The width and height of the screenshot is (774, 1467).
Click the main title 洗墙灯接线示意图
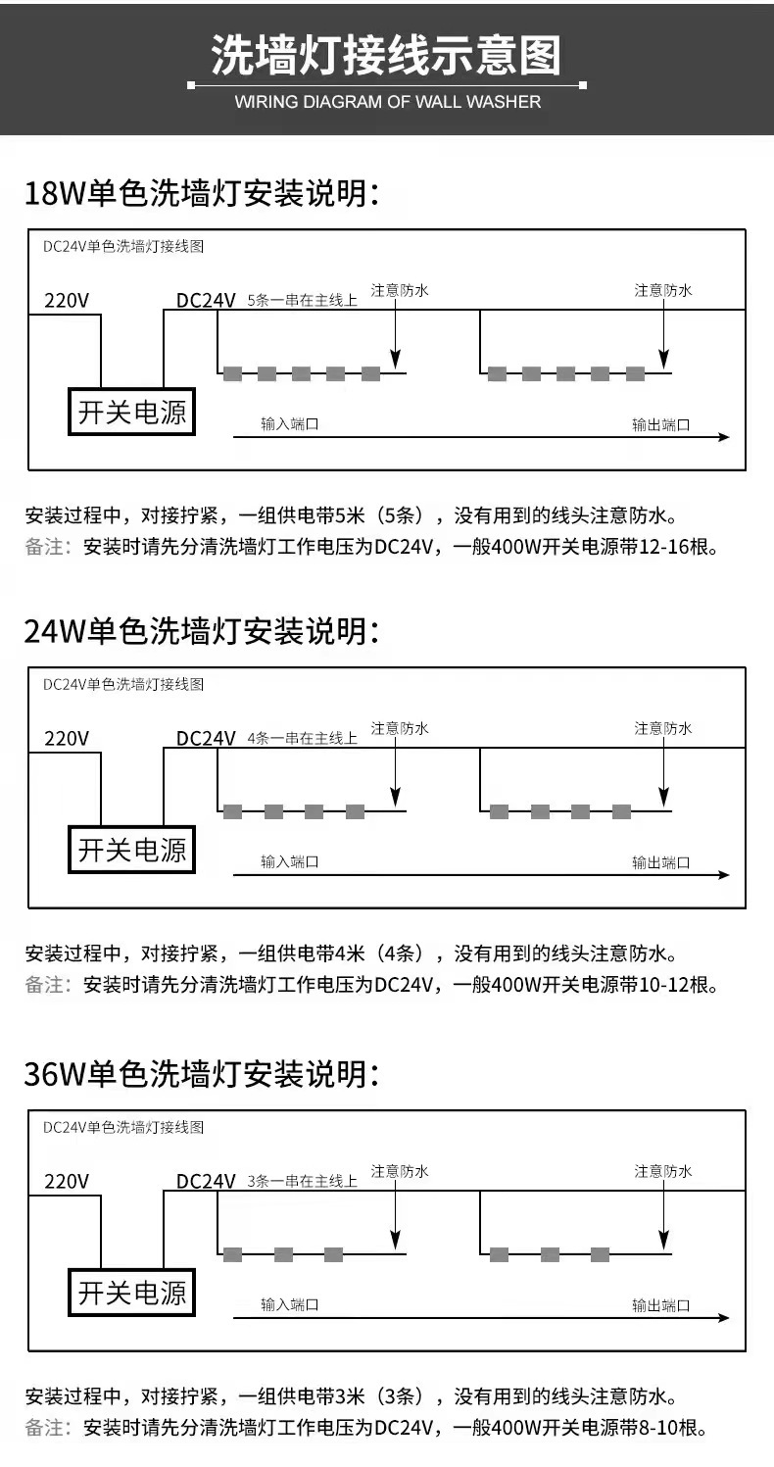[387, 56]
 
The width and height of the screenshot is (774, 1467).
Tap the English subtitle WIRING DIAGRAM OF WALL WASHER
[387, 102]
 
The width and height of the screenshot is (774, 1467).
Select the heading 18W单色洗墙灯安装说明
[201, 193]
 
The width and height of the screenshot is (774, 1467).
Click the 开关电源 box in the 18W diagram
[131, 413]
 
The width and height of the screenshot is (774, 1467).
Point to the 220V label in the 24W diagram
[67, 738]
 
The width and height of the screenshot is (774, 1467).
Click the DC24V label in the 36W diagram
[206, 1182]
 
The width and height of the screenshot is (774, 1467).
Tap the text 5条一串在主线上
[303, 300]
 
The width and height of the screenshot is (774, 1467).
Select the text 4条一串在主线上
[303, 738]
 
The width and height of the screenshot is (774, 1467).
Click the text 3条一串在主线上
[303, 1182]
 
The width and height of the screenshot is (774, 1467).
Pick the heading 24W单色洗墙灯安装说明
[201, 631]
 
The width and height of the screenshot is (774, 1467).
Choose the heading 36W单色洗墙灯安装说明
[201, 1074]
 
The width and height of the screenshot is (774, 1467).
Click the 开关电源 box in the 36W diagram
[131, 1294]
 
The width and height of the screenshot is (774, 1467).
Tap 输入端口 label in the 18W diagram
[290, 424]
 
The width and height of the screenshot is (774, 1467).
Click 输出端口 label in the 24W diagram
[661, 862]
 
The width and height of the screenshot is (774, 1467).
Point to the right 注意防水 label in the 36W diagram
[663, 1171]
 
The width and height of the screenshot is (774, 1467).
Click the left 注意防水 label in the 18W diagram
[400, 290]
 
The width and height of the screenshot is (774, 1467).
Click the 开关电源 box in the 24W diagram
[131, 850]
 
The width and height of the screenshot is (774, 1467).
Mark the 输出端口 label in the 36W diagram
[661, 1305]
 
